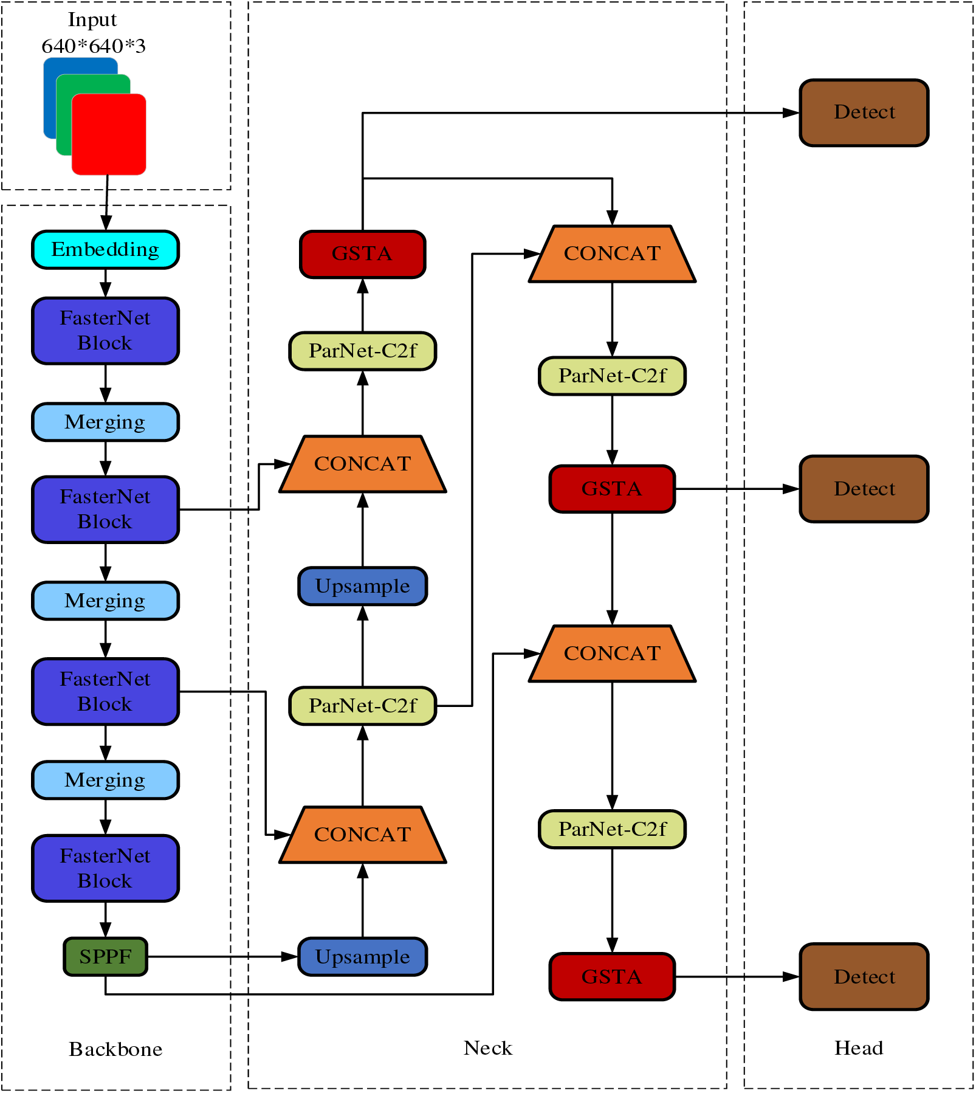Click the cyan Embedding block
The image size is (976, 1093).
[x=105, y=249]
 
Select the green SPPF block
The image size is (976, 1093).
[x=105, y=956]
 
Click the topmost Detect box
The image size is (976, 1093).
[x=864, y=112]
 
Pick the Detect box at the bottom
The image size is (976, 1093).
[x=864, y=976]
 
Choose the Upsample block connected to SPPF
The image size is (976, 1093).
[x=362, y=956]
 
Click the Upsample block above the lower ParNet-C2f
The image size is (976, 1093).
[x=362, y=586]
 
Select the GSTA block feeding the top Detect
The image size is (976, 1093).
[x=362, y=253]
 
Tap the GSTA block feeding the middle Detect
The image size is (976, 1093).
[x=612, y=489]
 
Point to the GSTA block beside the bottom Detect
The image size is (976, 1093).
[x=612, y=976]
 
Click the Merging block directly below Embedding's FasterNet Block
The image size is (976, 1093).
[x=105, y=422]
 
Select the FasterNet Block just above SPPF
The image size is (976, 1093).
[x=105, y=868]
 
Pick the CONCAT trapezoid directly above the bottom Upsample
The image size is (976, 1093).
[x=362, y=835]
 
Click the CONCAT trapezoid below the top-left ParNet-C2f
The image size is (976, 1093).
[x=362, y=464]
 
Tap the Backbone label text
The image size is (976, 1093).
[x=115, y=1049]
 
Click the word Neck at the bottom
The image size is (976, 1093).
[x=487, y=1048]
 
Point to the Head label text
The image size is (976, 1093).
[x=858, y=1048]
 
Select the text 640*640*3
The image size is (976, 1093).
[x=94, y=46]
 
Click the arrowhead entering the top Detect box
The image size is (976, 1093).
[x=791, y=112]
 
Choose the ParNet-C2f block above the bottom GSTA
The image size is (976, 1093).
[x=612, y=829]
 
